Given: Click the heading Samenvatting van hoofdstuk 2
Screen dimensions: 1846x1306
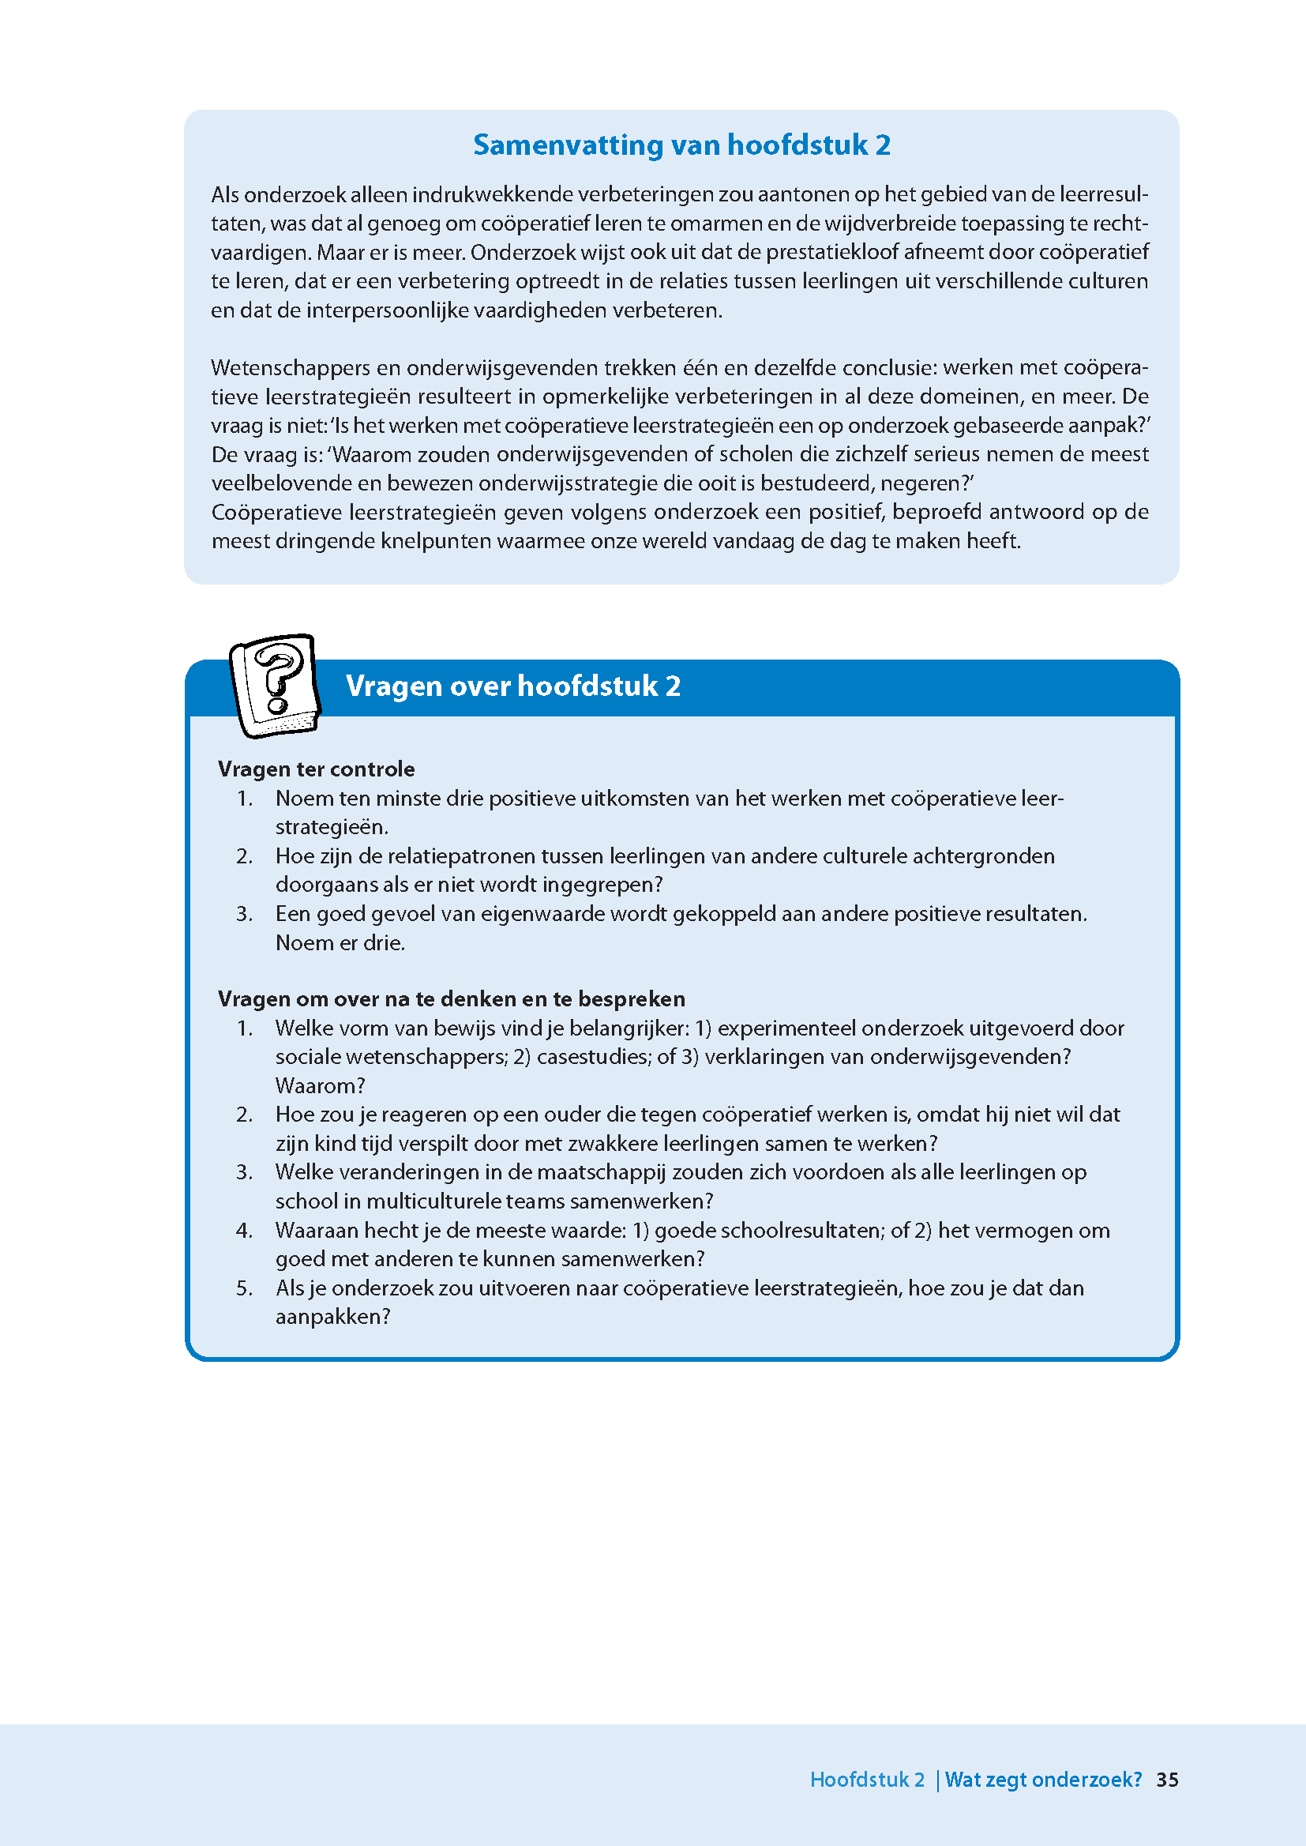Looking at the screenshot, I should coord(681,145).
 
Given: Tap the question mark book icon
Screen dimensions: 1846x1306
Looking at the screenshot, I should coord(275,685).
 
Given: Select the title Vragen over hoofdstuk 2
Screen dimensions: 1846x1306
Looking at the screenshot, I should coord(513,686).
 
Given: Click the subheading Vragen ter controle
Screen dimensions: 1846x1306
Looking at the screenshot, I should coord(316,769).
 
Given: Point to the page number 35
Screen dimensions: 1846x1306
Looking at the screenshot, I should coord(1167,1779).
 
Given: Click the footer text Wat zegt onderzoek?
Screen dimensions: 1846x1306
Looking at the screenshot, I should coord(1043,1779).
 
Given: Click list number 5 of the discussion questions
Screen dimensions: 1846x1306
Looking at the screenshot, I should coord(245,1288).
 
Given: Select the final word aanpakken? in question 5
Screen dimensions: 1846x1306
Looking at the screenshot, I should coord(332,1317).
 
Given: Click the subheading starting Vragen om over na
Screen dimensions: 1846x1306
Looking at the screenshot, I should coord(451,999).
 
